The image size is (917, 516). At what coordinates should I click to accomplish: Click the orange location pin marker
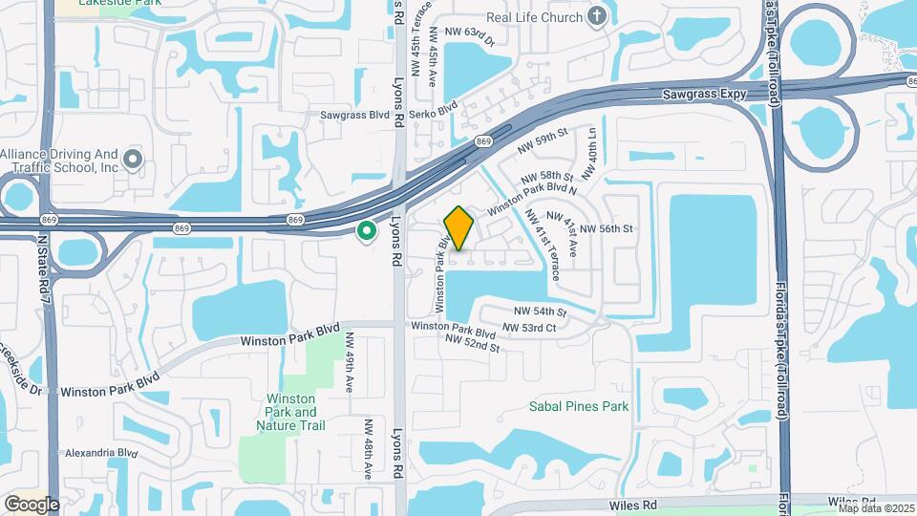459,228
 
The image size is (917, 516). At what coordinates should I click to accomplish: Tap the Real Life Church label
535,15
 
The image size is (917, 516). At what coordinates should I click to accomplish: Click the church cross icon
597,15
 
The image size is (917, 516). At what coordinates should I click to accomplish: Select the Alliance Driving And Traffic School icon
133,159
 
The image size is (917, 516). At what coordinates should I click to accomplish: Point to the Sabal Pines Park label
579,406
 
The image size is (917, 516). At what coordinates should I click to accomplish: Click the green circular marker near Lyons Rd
365,231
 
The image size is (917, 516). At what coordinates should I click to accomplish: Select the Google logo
32,504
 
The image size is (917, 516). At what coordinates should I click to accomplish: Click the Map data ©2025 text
876,508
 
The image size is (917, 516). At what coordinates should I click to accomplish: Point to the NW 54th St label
541,312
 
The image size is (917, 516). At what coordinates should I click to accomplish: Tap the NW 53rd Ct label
529,328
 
